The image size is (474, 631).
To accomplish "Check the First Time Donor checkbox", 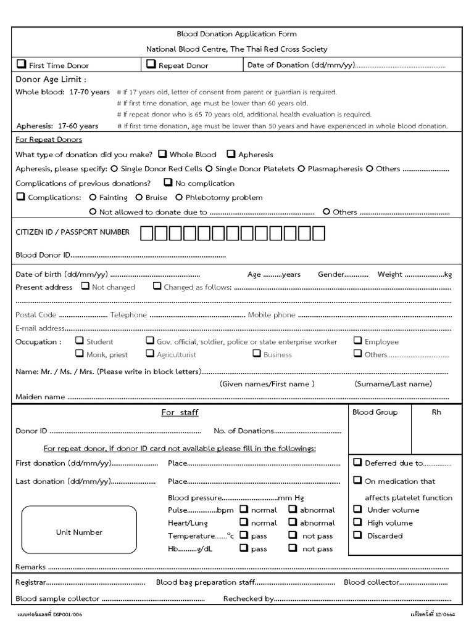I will (x=21, y=64).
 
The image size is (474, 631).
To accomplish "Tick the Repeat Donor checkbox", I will (x=151, y=64).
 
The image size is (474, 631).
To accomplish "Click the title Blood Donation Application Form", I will (x=237, y=35).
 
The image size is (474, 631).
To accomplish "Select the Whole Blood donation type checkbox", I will (x=162, y=154).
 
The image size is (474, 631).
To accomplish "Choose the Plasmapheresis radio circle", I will (x=301, y=168).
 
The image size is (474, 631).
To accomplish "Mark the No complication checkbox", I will (x=168, y=182).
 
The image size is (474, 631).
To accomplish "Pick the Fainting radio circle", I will (x=93, y=197).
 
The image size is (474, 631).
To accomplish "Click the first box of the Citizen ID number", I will (x=146, y=233).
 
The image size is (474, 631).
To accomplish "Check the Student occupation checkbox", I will (x=79, y=340).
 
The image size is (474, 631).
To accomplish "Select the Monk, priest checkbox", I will (x=79, y=353).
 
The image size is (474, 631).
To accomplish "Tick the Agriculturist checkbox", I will (x=149, y=353).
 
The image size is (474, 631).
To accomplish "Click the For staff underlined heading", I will (x=180, y=412).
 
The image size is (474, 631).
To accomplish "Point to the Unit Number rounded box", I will (x=79, y=532).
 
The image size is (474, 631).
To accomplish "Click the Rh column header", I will (x=436, y=412).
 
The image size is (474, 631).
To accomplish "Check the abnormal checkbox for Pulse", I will (x=293, y=509).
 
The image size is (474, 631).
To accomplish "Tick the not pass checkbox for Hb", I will (x=293, y=548).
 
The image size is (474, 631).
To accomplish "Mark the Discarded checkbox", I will (x=357, y=535).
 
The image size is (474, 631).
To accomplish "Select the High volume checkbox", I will (x=357, y=522).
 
